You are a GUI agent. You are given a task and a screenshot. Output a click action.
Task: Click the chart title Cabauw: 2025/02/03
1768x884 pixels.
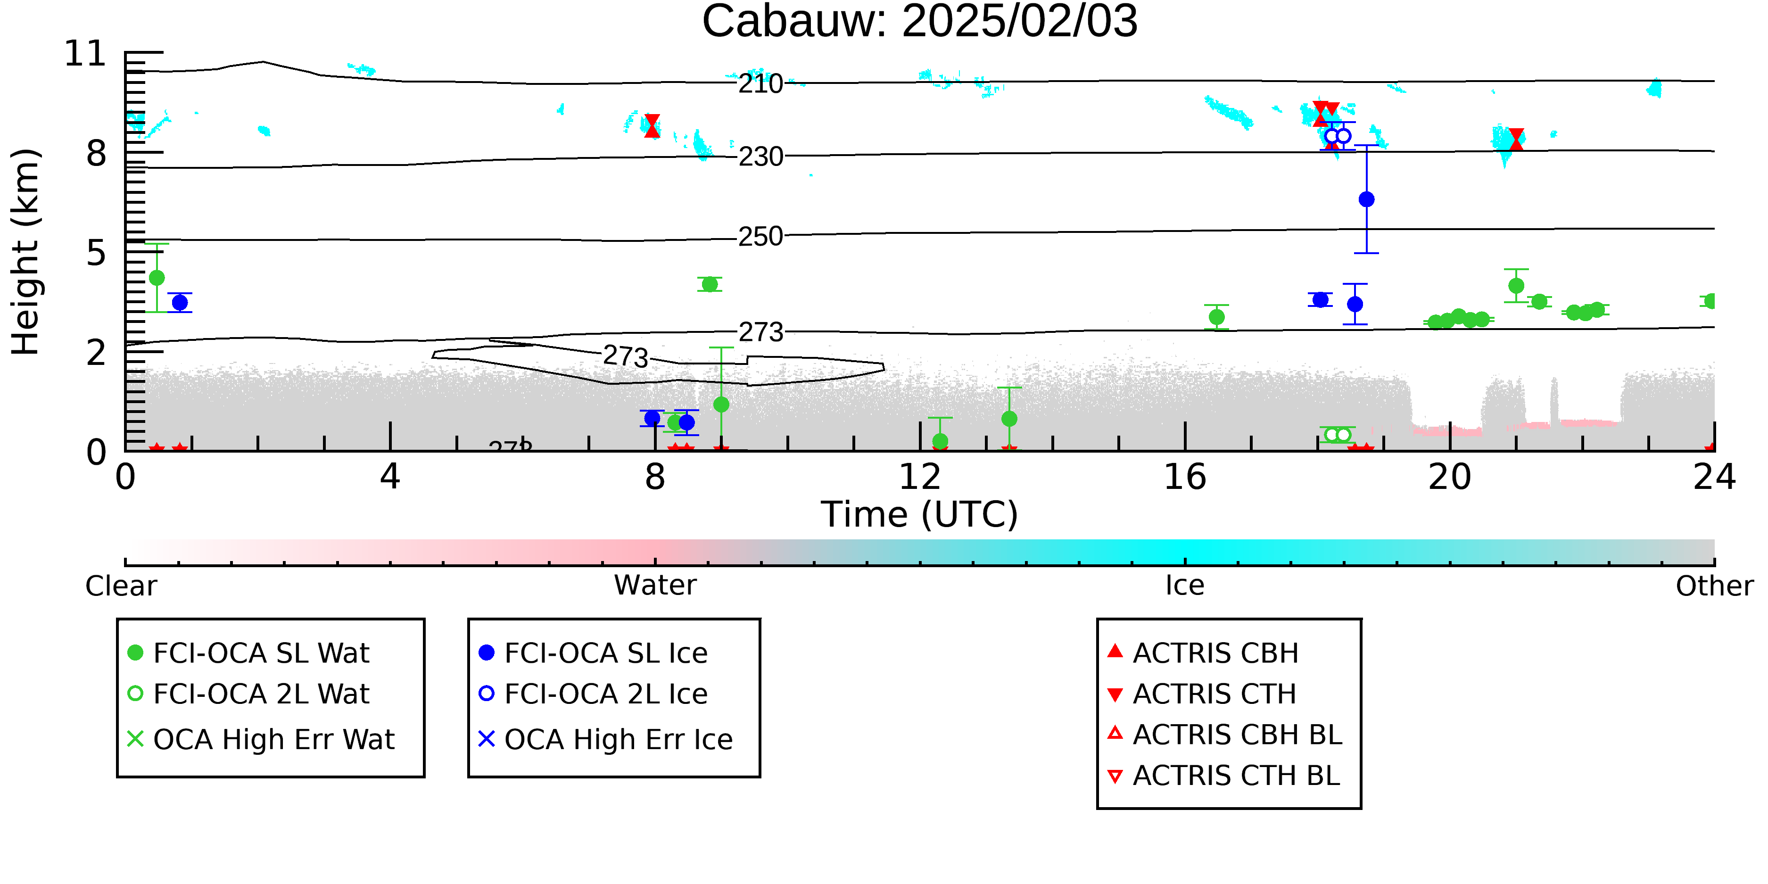920,22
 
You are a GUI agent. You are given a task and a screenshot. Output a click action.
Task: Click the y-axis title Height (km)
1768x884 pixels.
26,252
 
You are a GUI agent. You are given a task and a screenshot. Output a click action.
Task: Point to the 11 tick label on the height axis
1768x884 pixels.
85,54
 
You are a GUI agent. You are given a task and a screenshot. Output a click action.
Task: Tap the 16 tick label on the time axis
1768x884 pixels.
1185,477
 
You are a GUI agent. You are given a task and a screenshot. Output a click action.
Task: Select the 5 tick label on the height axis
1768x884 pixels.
96,253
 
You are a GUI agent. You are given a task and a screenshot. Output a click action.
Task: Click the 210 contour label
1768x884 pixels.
760,84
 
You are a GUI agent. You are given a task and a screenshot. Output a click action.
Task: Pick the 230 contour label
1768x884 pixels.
760,157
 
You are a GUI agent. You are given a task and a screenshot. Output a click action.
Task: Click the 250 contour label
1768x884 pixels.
760,237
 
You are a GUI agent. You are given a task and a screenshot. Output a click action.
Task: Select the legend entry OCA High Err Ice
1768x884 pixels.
606,740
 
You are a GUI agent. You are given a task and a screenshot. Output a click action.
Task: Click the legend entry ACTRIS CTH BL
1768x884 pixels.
1224,776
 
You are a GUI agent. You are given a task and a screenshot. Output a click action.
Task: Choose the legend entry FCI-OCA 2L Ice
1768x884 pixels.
593,694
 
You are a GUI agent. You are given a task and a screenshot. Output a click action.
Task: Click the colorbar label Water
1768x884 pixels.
655,586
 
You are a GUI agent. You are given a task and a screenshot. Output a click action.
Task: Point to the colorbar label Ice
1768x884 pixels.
1185,586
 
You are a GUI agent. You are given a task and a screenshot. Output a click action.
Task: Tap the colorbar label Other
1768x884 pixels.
1714,586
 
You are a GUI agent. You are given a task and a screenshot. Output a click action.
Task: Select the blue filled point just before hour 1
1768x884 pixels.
180,303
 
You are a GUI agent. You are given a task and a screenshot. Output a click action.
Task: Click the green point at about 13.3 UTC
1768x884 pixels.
1009,419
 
